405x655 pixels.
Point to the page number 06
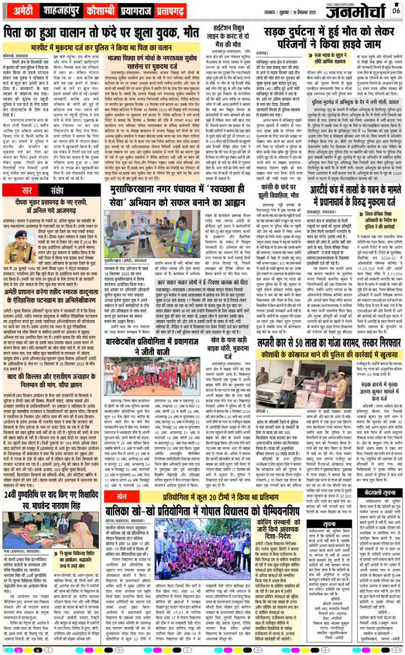[396, 8]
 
